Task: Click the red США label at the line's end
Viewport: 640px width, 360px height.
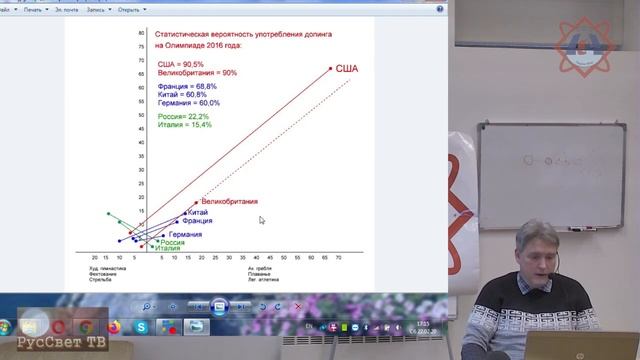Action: [x=346, y=68]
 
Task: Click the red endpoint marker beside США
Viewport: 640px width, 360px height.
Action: [x=330, y=68]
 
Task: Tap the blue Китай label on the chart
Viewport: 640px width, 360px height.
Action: [x=197, y=213]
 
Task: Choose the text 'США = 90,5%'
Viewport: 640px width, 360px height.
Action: [x=181, y=64]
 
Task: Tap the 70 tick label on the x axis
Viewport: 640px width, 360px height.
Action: [x=337, y=257]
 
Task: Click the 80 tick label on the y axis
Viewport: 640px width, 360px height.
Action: [x=141, y=33]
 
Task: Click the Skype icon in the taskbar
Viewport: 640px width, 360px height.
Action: [x=142, y=326]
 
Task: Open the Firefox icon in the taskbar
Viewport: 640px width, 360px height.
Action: [x=112, y=326]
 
